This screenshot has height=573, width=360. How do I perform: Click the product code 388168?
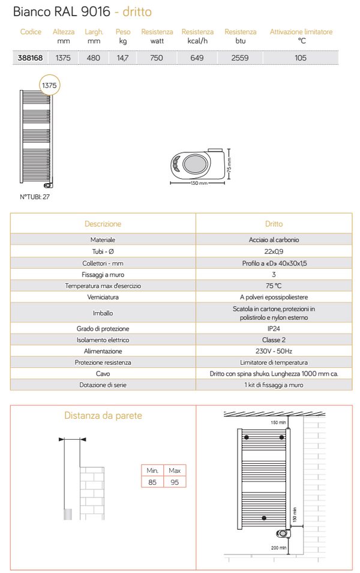tap(30, 58)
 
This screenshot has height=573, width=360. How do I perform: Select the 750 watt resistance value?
tap(156, 58)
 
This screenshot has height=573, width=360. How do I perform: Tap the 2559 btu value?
tap(240, 58)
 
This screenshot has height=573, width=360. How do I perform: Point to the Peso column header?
tap(123, 32)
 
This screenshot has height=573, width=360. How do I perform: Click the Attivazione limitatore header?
tap(301, 32)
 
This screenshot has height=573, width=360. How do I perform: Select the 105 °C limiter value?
tap(301, 58)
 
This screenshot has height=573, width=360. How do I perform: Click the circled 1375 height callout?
tap(49, 86)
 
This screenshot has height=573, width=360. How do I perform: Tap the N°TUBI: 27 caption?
tap(35, 196)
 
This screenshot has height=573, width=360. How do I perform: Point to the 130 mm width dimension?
tap(199, 183)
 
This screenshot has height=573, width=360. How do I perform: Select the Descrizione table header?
tap(103, 224)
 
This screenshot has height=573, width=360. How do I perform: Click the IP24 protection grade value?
tap(274, 329)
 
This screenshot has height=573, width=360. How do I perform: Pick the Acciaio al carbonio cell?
tap(274, 239)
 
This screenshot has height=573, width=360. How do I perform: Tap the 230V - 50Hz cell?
tap(274, 351)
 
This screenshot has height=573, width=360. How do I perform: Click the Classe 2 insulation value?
tap(274, 340)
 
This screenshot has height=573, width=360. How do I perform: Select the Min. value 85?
tap(152, 482)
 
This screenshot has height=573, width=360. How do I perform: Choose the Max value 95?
tap(175, 482)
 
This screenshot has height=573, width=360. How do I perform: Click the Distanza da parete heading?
tap(103, 416)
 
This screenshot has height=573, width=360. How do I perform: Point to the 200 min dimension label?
tap(278, 547)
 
